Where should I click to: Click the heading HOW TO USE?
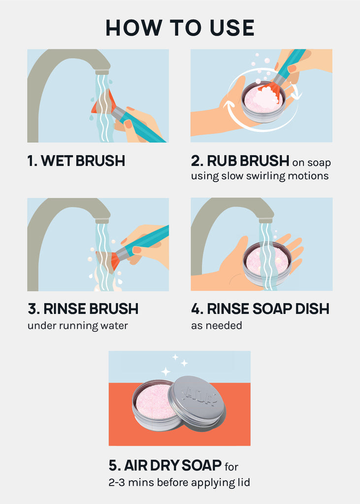pos(180,28)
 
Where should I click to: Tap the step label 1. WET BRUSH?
pos(76,161)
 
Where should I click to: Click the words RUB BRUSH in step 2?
pos(248,161)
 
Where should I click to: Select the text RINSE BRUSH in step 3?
pos(91,309)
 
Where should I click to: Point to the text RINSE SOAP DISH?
pos(268,309)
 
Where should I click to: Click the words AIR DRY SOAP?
pos(173,466)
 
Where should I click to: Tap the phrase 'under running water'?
pos(78,326)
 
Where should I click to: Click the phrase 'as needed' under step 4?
pos(217,326)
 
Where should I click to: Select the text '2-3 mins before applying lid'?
pos(179,482)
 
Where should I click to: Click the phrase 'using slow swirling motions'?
pos(260,176)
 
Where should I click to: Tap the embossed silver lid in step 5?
pos(196,401)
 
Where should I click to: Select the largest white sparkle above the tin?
pos(165,372)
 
